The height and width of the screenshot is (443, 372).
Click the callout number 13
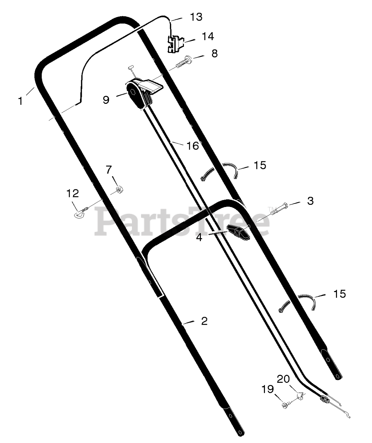(x=196, y=17)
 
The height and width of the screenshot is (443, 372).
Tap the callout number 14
(x=208, y=36)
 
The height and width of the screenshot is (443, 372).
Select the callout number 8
(x=215, y=53)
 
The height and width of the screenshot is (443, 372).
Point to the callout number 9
(x=106, y=100)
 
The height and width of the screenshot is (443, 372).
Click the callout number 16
(x=192, y=146)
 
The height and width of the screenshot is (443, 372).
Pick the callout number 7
(x=108, y=170)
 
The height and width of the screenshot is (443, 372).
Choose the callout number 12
(x=72, y=193)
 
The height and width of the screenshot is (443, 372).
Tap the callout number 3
(x=310, y=201)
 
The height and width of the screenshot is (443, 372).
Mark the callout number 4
(x=199, y=237)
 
